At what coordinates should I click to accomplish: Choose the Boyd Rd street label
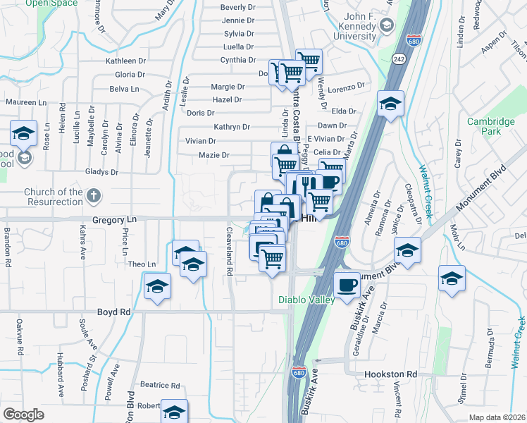[114, 312]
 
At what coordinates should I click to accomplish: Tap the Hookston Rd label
[391, 374]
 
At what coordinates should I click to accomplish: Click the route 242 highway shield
[399, 59]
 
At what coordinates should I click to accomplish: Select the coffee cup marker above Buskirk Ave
[345, 285]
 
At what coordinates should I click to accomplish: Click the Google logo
[23, 415]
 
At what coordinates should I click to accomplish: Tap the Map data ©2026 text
[497, 417]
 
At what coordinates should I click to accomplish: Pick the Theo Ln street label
[142, 264]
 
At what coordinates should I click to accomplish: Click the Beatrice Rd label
[160, 385]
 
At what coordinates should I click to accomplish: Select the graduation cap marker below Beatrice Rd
[174, 412]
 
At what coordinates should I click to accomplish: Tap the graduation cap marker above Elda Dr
[390, 104]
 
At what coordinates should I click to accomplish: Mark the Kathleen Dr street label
[125, 61]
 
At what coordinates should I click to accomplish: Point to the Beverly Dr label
[237, 7]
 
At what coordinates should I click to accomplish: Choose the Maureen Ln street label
[25, 102]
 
